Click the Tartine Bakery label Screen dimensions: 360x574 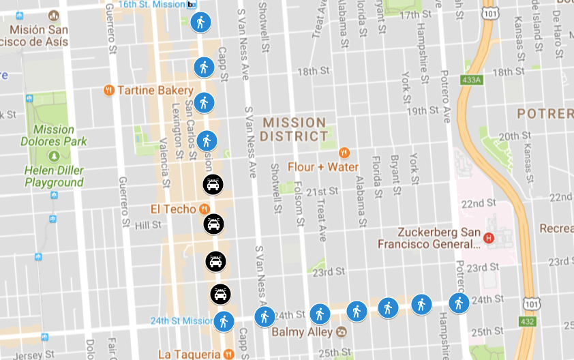pyautogui.click(x=155, y=90)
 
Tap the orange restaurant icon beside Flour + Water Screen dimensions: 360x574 pyautogui.click(x=344, y=153)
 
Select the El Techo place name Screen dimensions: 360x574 pyautogui.click(x=174, y=209)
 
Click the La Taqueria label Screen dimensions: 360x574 pyautogui.click(x=189, y=354)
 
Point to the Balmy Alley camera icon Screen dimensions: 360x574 pyautogui.click(x=342, y=332)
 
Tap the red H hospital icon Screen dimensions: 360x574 pyautogui.click(x=488, y=238)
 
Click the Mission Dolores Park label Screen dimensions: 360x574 pyautogui.click(x=60, y=135)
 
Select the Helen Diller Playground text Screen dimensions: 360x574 pyautogui.click(x=54, y=176)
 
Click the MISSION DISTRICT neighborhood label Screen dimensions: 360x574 pyautogui.click(x=294, y=130)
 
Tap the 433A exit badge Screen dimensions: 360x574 pyautogui.click(x=471, y=80)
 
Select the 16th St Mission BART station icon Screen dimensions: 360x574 pyautogui.click(x=192, y=5)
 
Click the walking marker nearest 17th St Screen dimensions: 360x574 pyautogui.click(x=200, y=22)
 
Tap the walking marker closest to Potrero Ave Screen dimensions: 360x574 pyautogui.click(x=459, y=302)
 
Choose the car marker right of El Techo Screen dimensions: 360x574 pyautogui.click(x=213, y=224)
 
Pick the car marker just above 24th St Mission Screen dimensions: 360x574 pyautogui.click(x=220, y=294)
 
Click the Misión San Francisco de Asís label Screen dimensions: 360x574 pyautogui.click(x=38, y=35)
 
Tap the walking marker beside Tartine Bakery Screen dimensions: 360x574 pyautogui.click(x=203, y=103)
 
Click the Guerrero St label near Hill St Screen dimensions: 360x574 pyautogui.click(x=123, y=202)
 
